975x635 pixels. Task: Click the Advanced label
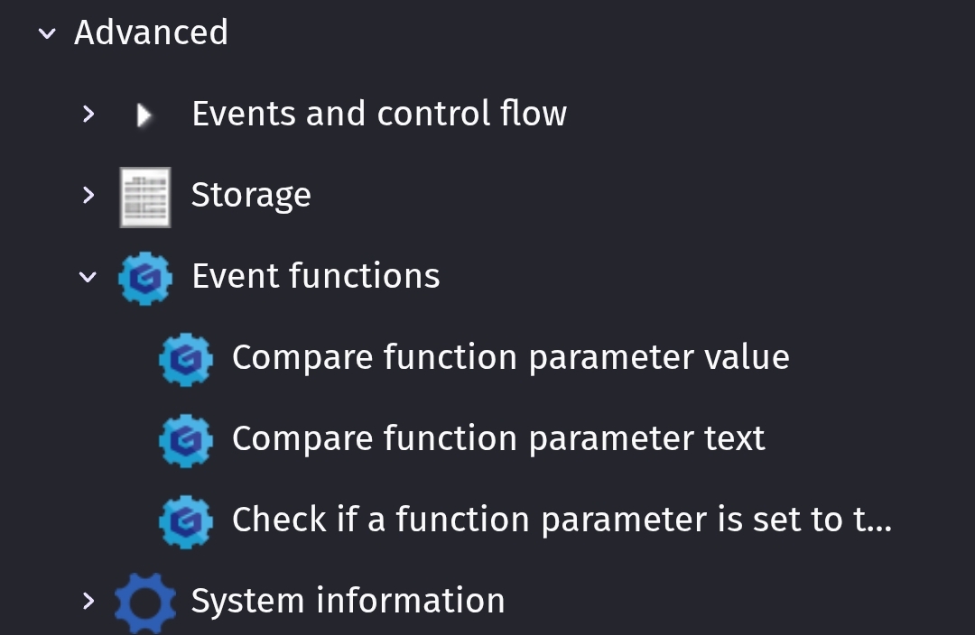pos(151,32)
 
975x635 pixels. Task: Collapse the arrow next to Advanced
pos(47,33)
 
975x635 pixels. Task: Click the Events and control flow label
pos(379,114)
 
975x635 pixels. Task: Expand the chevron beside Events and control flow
pos(88,114)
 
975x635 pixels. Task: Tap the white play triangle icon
pos(144,115)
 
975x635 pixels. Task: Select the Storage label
pos(251,195)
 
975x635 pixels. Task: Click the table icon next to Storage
pos(144,197)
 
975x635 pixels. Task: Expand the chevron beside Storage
pos(88,195)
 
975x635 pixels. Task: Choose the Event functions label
pos(316,276)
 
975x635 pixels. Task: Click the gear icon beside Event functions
pos(144,279)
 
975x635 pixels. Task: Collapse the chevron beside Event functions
pos(88,277)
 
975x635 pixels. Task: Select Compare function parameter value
pos(510,358)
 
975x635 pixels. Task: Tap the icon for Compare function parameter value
pos(186,360)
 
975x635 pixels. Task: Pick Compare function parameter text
pos(498,438)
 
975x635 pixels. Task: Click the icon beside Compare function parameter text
pos(186,440)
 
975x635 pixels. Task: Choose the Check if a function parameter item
pos(562,520)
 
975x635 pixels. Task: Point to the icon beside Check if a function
pos(186,522)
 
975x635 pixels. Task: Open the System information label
pos(348,601)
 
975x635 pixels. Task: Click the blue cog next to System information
pos(144,603)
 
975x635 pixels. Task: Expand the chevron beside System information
pos(88,601)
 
